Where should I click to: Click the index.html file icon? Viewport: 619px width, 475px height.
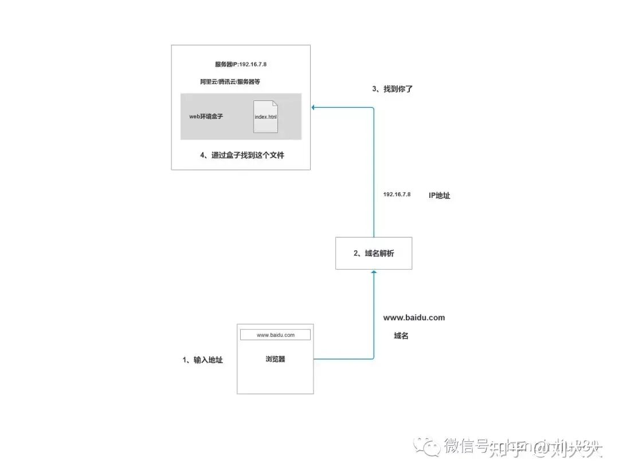266,116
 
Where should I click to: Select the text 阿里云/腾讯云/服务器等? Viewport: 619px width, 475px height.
230,82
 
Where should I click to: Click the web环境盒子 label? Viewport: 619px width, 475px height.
206,116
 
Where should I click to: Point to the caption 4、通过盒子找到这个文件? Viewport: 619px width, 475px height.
242,155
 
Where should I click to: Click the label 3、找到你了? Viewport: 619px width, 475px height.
393,89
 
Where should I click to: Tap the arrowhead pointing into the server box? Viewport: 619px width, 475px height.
314,107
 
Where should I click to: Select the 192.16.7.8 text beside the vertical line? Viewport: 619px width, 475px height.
397,195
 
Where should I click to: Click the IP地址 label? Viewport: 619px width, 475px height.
440,196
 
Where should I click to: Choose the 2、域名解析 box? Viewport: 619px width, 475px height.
374,253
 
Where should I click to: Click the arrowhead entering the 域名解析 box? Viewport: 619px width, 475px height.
374,272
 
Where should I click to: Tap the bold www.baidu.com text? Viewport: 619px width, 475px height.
414,317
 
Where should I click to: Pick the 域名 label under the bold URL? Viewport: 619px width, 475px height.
401,336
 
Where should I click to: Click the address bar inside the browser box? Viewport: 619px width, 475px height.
275,334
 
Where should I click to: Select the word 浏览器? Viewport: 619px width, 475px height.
275,359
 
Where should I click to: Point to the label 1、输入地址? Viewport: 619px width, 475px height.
203,360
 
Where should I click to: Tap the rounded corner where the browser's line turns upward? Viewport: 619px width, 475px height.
373,358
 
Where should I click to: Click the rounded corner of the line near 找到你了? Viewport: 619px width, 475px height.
373,108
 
